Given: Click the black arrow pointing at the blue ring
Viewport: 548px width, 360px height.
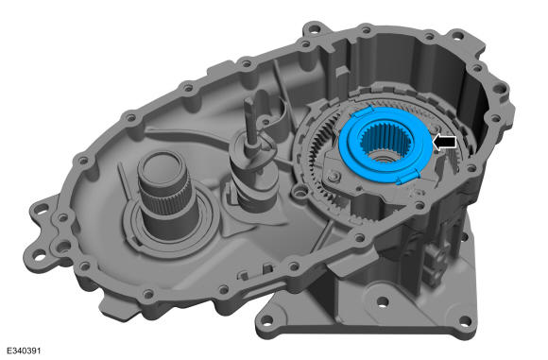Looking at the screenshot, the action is pos(444,142).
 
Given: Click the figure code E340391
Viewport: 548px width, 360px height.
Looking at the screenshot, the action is pos(24,351).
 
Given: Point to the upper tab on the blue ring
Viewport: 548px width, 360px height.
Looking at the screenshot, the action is pos(363,112).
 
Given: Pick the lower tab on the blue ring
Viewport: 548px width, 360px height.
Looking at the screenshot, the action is pos(408,178).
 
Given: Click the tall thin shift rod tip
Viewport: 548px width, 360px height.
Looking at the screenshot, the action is pos(249,101).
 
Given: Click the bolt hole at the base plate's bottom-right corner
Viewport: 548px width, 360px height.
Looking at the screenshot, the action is pos(465,320).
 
